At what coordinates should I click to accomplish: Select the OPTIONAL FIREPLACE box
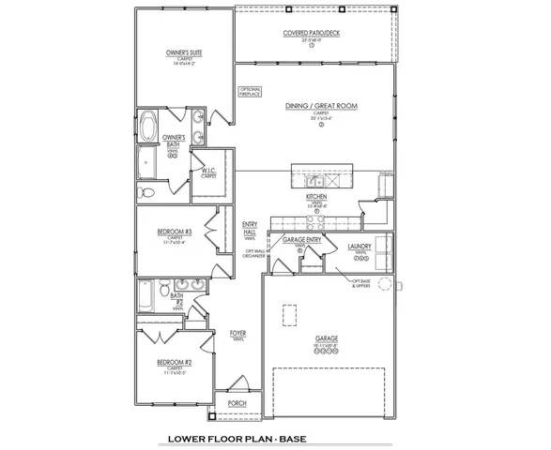(x=250, y=92)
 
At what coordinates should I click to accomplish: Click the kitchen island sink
(x=317, y=180)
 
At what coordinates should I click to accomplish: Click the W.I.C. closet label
(x=208, y=172)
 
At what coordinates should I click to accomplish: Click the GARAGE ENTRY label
(x=301, y=241)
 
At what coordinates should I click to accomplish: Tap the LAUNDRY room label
(x=360, y=246)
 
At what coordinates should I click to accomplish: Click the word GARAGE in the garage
(x=326, y=337)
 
